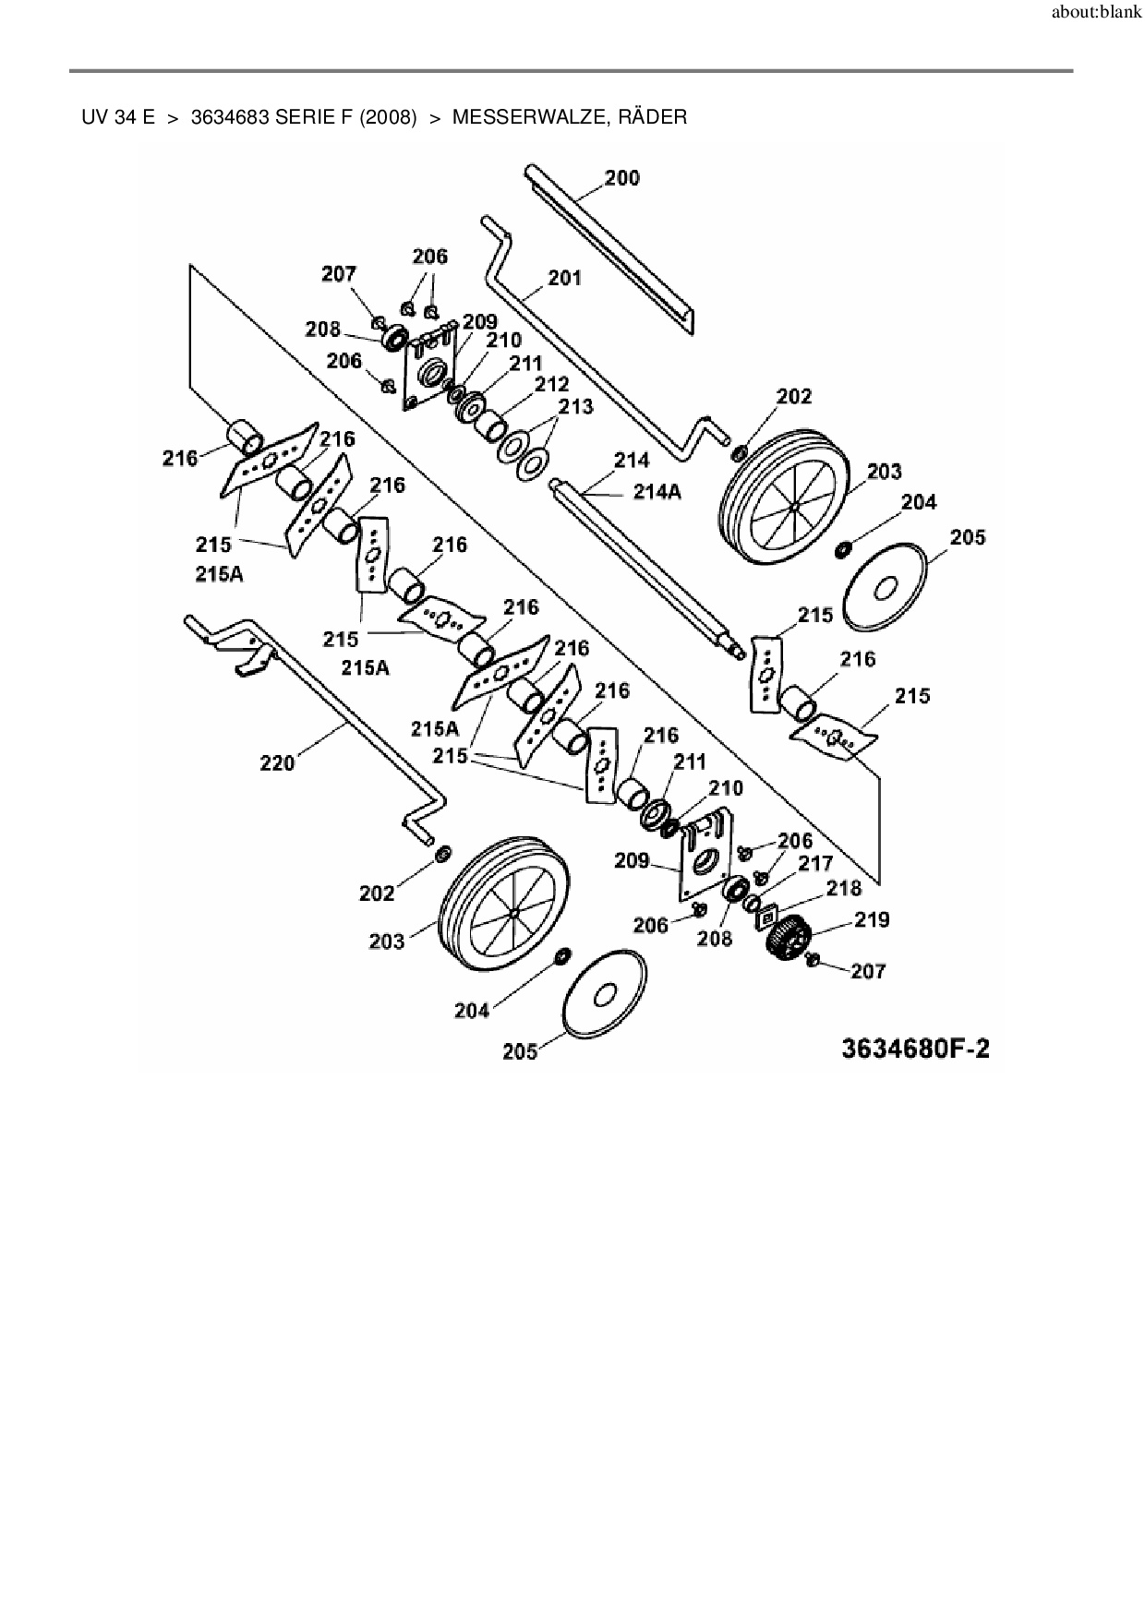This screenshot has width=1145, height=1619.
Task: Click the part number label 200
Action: [621, 178]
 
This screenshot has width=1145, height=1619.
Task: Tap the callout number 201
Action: [564, 278]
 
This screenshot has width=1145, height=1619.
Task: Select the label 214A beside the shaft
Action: [657, 491]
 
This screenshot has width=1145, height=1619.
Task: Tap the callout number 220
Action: [277, 762]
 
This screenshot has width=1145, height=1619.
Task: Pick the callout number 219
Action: [872, 919]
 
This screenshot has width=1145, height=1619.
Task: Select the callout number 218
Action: [843, 888]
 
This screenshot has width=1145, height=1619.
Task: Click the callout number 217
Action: [815, 863]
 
